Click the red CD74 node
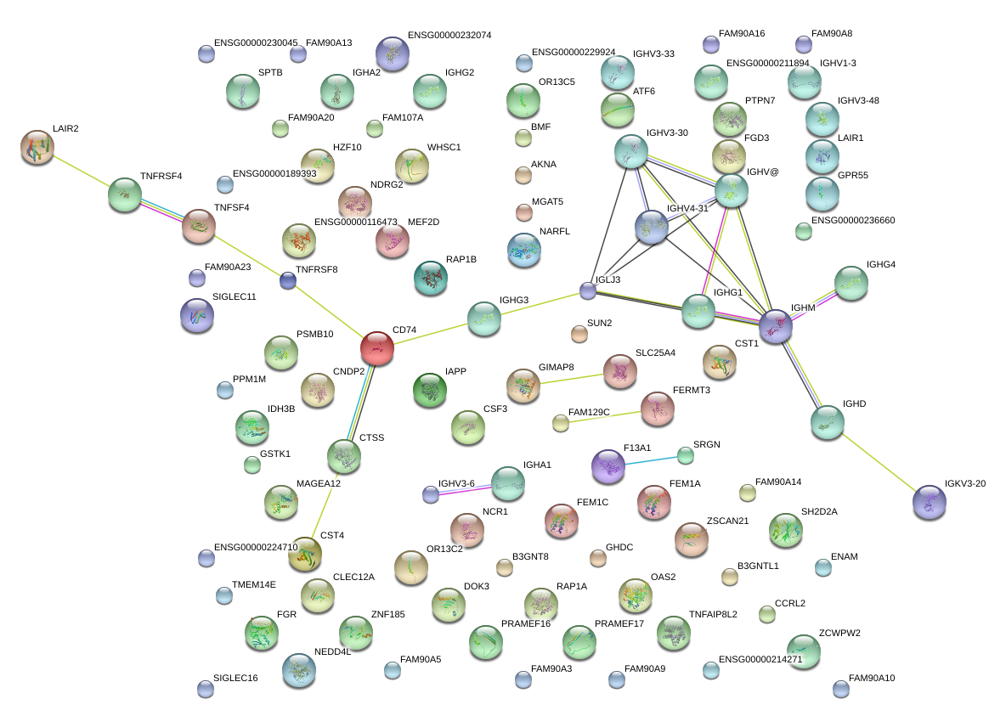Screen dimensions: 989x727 click(377, 348)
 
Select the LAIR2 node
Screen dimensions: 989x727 click(37, 148)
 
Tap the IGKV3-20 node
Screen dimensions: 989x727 click(929, 502)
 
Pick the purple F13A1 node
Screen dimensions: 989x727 click(608, 466)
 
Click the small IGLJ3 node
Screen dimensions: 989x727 click(588, 290)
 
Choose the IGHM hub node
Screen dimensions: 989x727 click(775, 326)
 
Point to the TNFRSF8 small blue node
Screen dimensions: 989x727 click(288, 280)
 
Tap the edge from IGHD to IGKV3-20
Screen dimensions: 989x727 click(878, 462)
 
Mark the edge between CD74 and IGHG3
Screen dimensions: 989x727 click(431, 334)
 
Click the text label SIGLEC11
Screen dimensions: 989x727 click(234, 296)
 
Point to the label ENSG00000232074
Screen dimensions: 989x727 click(449, 35)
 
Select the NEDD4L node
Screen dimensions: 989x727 click(299, 670)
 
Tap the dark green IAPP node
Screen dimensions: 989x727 click(430, 390)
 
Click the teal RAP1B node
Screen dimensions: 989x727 click(431, 278)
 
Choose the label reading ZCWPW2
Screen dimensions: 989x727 click(839, 633)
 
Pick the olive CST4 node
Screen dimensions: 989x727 click(305, 554)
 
